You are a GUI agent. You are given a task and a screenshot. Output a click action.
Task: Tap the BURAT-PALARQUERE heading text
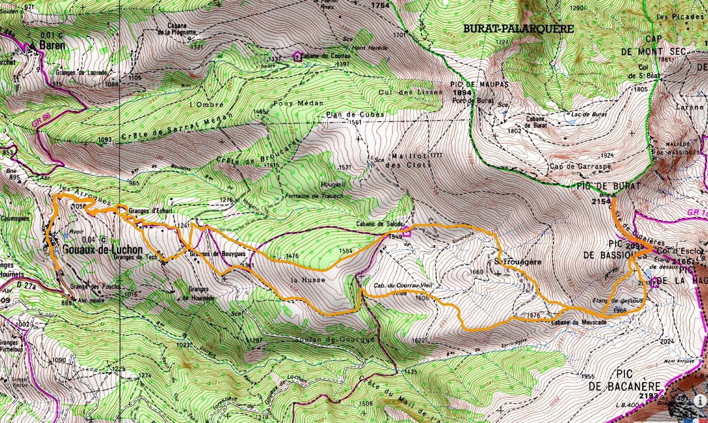coord(518,29)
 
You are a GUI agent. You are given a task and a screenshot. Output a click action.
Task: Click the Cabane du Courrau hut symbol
coord(298,57)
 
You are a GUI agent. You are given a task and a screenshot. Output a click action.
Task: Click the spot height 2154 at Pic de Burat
coord(601,201)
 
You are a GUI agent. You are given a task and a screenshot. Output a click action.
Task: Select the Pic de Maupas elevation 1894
coord(462,93)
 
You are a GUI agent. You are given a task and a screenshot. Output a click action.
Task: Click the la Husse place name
coord(308,279)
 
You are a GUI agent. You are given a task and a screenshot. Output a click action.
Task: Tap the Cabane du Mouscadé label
coord(582,322)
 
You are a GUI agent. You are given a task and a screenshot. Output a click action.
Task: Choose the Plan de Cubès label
coord(355,114)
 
